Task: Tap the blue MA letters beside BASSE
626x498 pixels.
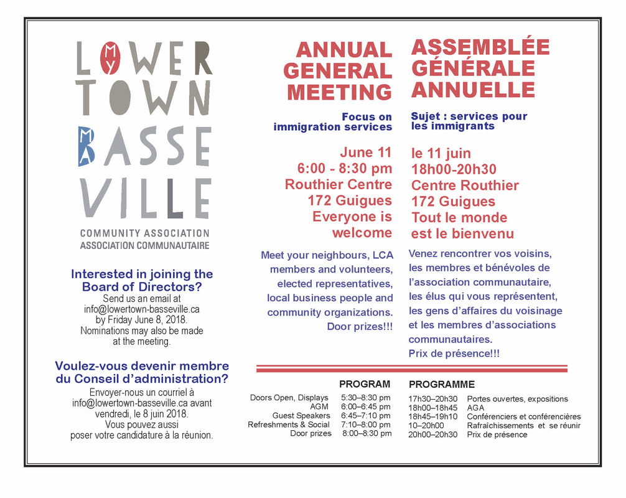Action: point(86,146)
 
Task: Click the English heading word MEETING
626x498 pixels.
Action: point(339,92)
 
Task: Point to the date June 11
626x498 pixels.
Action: point(365,153)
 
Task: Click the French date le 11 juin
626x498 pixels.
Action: point(441,153)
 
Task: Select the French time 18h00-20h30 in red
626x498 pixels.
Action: point(454,169)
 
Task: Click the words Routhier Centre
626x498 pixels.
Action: point(339,185)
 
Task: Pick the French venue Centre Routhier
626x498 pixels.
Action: point(465,186)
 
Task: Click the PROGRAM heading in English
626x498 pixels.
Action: point(365,384)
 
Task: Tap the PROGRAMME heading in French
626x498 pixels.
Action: point(442,385)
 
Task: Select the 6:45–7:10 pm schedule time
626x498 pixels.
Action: point(366,416)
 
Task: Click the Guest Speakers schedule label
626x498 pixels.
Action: point(301,416)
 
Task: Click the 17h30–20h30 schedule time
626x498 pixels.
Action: point(433,399)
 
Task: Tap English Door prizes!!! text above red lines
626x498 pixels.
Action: point(360,326)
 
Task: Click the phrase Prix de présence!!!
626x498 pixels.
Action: point(454,354)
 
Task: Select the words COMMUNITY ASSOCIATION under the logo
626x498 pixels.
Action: point(144,233)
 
